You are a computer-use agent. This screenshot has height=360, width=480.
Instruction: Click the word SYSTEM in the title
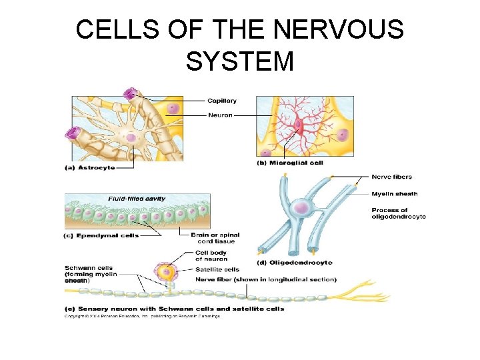coord(240,61)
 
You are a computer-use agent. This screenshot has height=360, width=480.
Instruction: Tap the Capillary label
coord(221,101)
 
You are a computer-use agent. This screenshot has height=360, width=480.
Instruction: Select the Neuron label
coord(219,115)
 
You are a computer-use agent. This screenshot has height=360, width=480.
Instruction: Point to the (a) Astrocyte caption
coord(89,168)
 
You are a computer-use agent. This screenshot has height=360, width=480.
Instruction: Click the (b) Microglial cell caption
coord(290,163)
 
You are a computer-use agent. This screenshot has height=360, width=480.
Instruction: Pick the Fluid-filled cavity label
coord(137,199)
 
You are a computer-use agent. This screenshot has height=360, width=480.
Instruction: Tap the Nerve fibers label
coord(392,177)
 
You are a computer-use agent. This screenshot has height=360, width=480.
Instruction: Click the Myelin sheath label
coord(395,194)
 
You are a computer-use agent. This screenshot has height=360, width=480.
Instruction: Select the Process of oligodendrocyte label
coord(399,213)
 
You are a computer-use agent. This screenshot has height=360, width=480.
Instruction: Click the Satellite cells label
coord(217,269)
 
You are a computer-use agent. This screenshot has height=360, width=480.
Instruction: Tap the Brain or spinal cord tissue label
coord(215,238)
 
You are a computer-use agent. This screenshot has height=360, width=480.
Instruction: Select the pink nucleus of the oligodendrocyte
coord(301,209)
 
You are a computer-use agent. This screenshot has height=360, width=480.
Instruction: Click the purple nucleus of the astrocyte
coord(131,137)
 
